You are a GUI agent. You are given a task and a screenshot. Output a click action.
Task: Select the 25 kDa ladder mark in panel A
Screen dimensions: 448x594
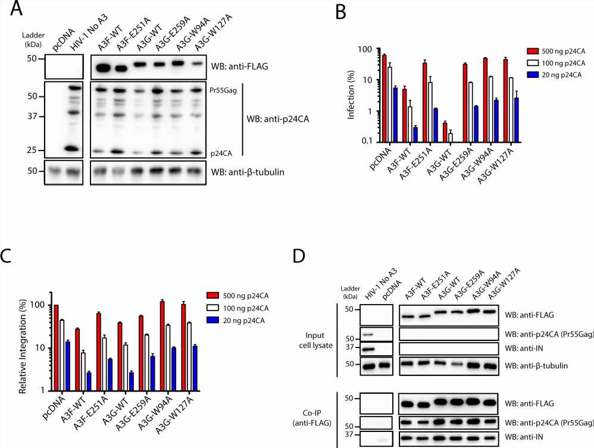click(x=31, y=150)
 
